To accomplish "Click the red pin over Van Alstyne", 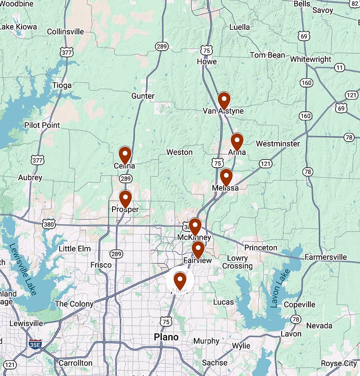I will [x=224, y=100].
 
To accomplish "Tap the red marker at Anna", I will [x=237, y=141].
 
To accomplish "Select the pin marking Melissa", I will [x=226, y=177].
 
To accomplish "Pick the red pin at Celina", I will [x=125, y=155].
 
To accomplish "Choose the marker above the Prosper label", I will [x=125, y=198].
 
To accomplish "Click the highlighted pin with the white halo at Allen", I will [x=180, y=280].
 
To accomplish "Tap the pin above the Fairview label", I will [x=198, y=249].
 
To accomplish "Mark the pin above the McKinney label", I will [x=195, y=226].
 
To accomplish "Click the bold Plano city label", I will [x=166, y=337].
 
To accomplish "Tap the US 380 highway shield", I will [x=49, y=224].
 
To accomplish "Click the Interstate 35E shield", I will [x=35, y=345].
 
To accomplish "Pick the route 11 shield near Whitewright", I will [x=340, y=67].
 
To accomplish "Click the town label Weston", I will [x=180, y=152].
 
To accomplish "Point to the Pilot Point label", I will [x=42, y=125].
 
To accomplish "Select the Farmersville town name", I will [x=325, y=257].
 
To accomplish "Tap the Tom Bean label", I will [x=267, y=55].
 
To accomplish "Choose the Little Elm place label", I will [x=74, y=249].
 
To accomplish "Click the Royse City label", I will [x=339, y=363].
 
